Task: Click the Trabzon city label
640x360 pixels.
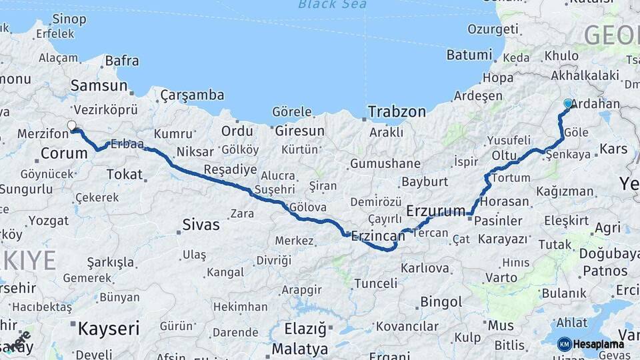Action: [397, 111]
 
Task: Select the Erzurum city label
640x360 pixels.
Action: [435, 211]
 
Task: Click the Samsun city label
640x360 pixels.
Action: [99, 85]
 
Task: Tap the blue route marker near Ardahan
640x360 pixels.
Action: [568, 103]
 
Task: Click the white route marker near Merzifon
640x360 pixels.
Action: [72, 125]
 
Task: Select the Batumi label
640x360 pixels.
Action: [469, 55]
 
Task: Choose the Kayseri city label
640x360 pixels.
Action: [108, 328]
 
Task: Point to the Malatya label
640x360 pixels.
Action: [300, 349]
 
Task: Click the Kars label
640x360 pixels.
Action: [613, 148]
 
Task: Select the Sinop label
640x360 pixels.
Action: [69, 19]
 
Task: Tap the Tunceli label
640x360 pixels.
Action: [375, 283]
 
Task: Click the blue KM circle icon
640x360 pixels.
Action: [565, 344]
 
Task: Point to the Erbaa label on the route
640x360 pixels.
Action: [127, 144]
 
